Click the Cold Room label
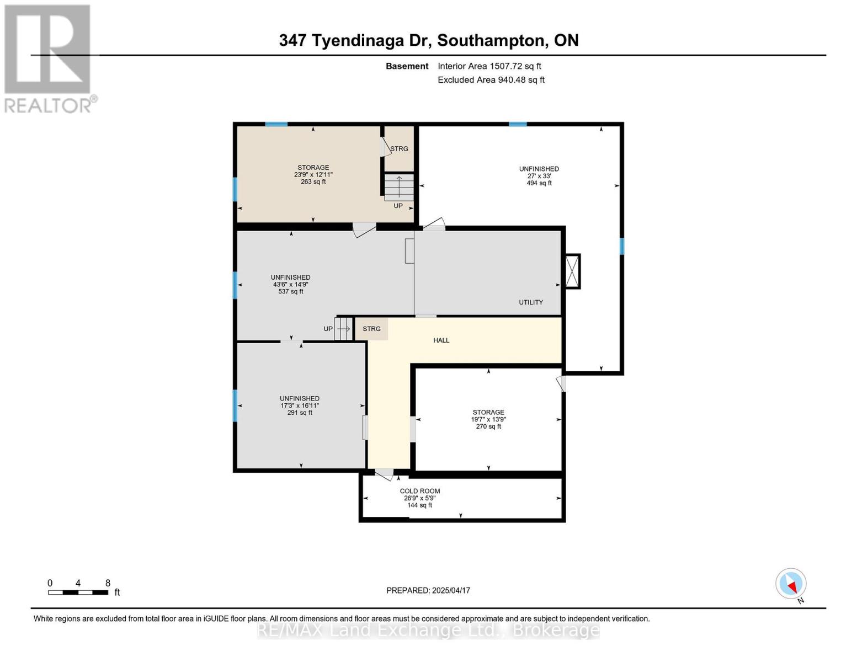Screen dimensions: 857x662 click(419, 491)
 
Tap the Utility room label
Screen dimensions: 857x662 click(530, 302)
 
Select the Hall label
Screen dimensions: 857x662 click(441, 340)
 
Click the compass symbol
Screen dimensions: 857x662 click(791, 584)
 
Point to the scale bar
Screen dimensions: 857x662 click(78, 592)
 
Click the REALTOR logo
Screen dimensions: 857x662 click(49, 59)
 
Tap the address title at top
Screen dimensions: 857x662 click(429, 41)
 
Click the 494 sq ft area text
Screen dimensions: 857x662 click(539, 183)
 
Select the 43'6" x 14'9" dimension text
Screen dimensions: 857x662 click(291, 284)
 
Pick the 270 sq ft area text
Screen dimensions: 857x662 click(488, 426)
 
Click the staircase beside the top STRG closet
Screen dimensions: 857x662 click(399, 188)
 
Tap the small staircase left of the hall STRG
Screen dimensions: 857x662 click(343, 328)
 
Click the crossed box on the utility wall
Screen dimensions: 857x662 click(572, 271)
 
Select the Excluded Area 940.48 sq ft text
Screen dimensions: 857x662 click(491, 79)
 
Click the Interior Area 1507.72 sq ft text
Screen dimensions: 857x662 click(489, 66)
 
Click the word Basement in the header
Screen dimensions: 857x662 click(407, 66)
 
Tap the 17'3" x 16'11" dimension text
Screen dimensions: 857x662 click(300, 405)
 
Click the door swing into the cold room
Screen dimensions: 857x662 click(384, 475)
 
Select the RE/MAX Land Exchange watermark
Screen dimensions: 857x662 click(428, 630)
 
